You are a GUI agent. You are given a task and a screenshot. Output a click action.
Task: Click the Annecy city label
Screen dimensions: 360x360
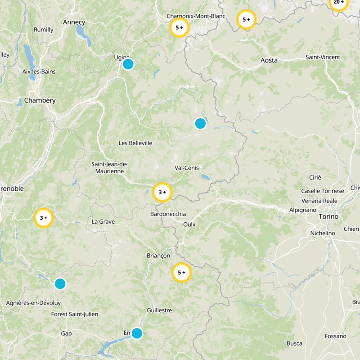click(74, 22)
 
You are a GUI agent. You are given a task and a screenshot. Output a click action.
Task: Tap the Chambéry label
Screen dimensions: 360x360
click(40, 100)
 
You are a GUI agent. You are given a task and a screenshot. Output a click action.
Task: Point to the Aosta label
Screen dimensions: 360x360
click(269, 60)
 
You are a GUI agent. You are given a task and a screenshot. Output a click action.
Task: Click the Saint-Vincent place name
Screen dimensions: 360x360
click(323, 57)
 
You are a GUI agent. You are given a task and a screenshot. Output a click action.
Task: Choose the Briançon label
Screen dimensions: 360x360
click(158, 255)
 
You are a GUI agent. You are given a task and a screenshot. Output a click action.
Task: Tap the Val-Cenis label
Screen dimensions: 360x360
click(186, 167)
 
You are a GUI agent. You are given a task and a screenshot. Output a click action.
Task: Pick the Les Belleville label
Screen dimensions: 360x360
click(135, 143)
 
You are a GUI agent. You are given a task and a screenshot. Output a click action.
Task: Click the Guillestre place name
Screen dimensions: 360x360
click(159, 310)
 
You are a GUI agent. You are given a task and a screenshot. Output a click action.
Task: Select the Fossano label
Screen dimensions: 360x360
click(336, 336)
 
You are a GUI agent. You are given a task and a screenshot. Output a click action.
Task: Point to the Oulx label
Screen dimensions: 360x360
click(189, 224)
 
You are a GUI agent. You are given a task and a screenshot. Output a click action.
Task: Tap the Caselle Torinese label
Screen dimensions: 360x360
click(323, 191)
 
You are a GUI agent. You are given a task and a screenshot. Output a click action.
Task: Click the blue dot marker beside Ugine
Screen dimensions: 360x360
click(128, 64)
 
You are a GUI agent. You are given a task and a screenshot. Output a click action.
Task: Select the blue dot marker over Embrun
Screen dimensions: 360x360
click(137, 333)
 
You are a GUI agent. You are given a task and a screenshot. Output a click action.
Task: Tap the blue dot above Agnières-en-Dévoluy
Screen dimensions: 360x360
click(60, 283)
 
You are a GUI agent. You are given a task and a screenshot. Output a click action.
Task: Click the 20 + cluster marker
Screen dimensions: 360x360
click(338, 2)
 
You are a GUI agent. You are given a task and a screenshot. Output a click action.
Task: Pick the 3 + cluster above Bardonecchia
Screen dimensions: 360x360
click(162, 192)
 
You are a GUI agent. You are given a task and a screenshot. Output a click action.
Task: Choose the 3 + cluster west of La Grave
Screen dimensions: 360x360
click(44, 218)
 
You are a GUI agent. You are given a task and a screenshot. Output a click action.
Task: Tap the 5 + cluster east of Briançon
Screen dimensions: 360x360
click(182, 272)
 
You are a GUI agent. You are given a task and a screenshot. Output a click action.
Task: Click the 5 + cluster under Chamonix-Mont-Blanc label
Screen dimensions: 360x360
click(179, 27)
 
